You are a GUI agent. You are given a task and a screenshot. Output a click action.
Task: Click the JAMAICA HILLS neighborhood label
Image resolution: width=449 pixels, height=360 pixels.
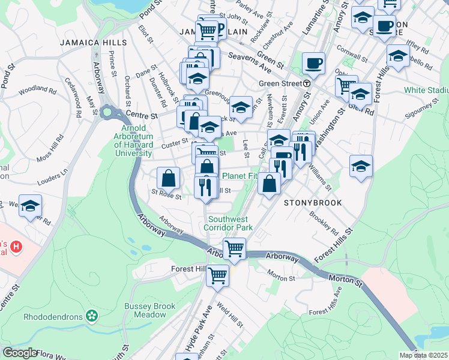[x=93, y=43]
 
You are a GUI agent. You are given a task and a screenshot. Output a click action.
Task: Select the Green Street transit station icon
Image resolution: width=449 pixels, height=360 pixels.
[x=306, y=83]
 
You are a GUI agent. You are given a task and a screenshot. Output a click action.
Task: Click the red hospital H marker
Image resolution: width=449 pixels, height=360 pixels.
[x=17, y=247]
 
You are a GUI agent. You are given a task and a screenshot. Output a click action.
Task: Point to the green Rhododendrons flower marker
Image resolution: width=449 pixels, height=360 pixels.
[x=91, y=315]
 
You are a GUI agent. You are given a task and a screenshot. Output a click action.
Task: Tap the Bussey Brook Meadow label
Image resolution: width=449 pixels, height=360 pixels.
[x=145, y=310]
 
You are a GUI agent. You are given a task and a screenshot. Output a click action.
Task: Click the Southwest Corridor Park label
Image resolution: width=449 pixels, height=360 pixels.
[x=228, y=223]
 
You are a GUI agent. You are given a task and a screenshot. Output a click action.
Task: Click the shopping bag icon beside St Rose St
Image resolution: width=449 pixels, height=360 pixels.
[x=169, y=178]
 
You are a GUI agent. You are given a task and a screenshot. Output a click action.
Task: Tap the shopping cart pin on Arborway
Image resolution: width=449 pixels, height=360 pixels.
[x=234, y=248]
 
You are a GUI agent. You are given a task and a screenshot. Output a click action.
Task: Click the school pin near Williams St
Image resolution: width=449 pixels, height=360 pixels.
[x=361, y=166]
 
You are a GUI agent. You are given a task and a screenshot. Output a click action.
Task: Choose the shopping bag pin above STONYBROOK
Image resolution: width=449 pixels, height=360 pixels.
[x=270, y=184]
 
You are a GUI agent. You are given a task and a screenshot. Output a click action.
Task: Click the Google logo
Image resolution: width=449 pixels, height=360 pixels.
[x=20, y=353]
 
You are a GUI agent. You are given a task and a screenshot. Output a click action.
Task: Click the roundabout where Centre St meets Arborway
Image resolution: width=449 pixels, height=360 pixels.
[x=107, y=112]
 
